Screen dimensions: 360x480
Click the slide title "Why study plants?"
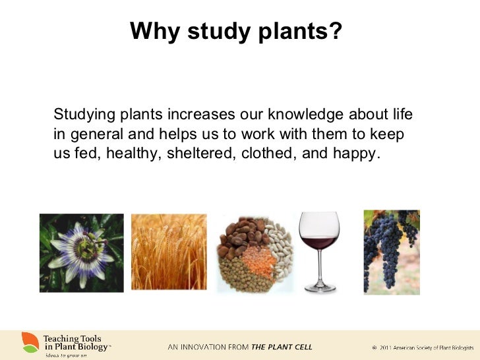236,31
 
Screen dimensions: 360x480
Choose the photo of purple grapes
392,251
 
